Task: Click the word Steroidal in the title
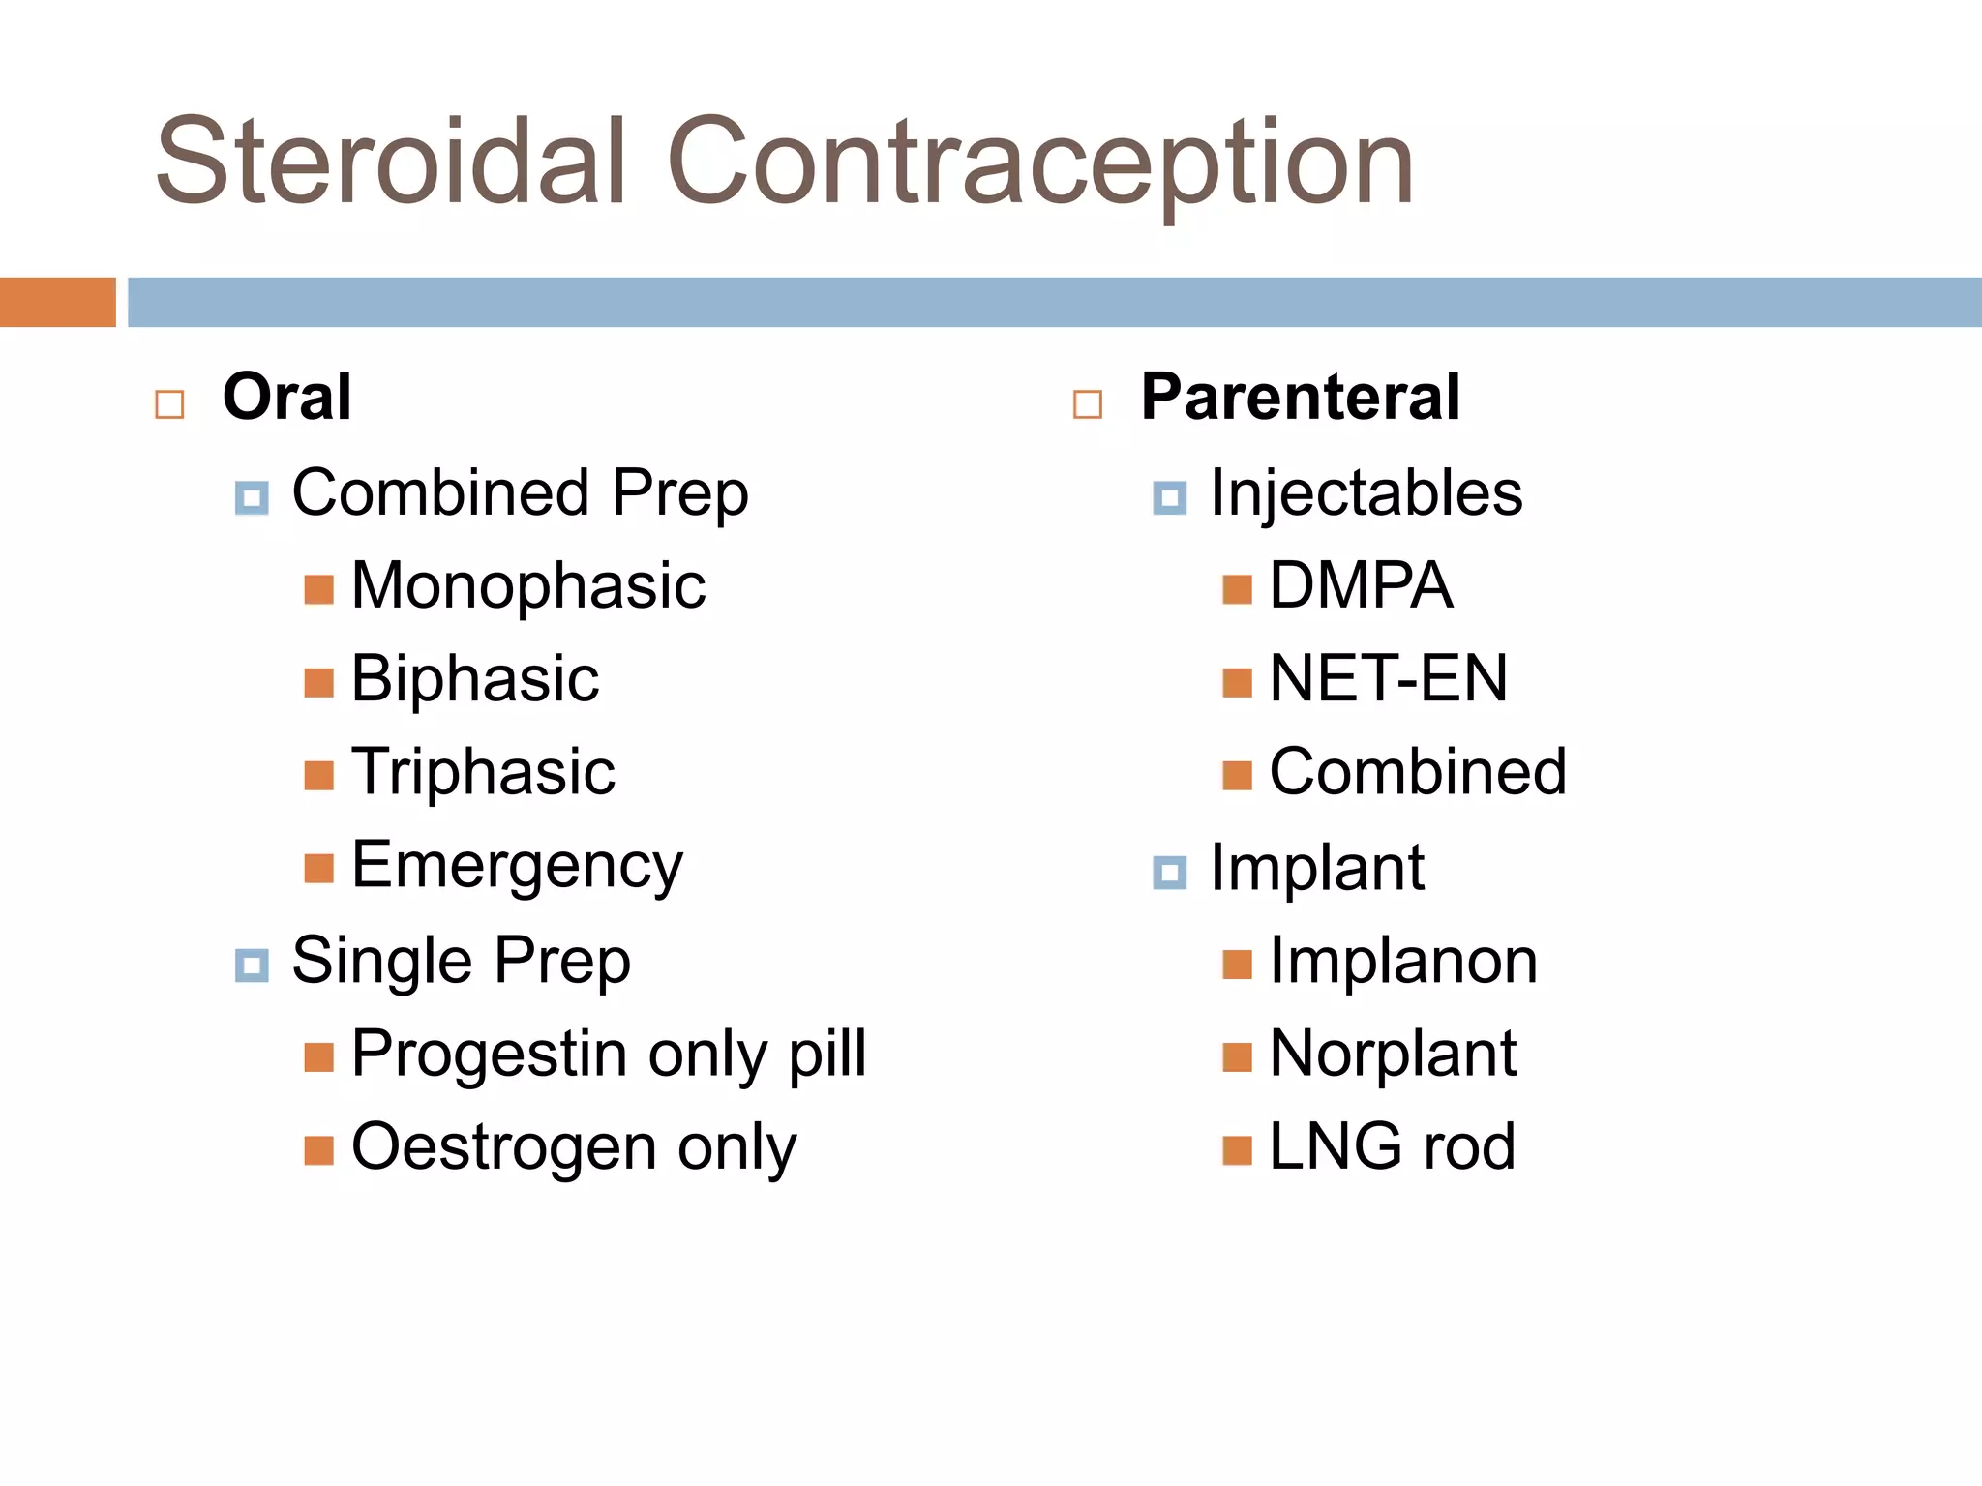[391, 163]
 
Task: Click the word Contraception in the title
[1040, 163]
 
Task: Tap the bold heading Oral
[286, 397]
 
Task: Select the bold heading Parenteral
[1300, 397]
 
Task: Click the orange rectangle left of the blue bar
[57, 302]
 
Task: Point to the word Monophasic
[528, 586]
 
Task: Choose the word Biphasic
[474, 679]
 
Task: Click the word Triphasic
[483, 772]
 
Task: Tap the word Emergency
[517, 866]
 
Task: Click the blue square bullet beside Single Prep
[252, 965]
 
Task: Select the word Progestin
[491, 1054]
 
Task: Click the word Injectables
[1366, 493]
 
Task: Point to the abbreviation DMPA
[1360, 586]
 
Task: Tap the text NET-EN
[1388, 679]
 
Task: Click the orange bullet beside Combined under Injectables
[1237, 775]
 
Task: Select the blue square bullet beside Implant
[1169, 872]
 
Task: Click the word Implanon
[1402, 961]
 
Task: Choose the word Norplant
[1392, 1054]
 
